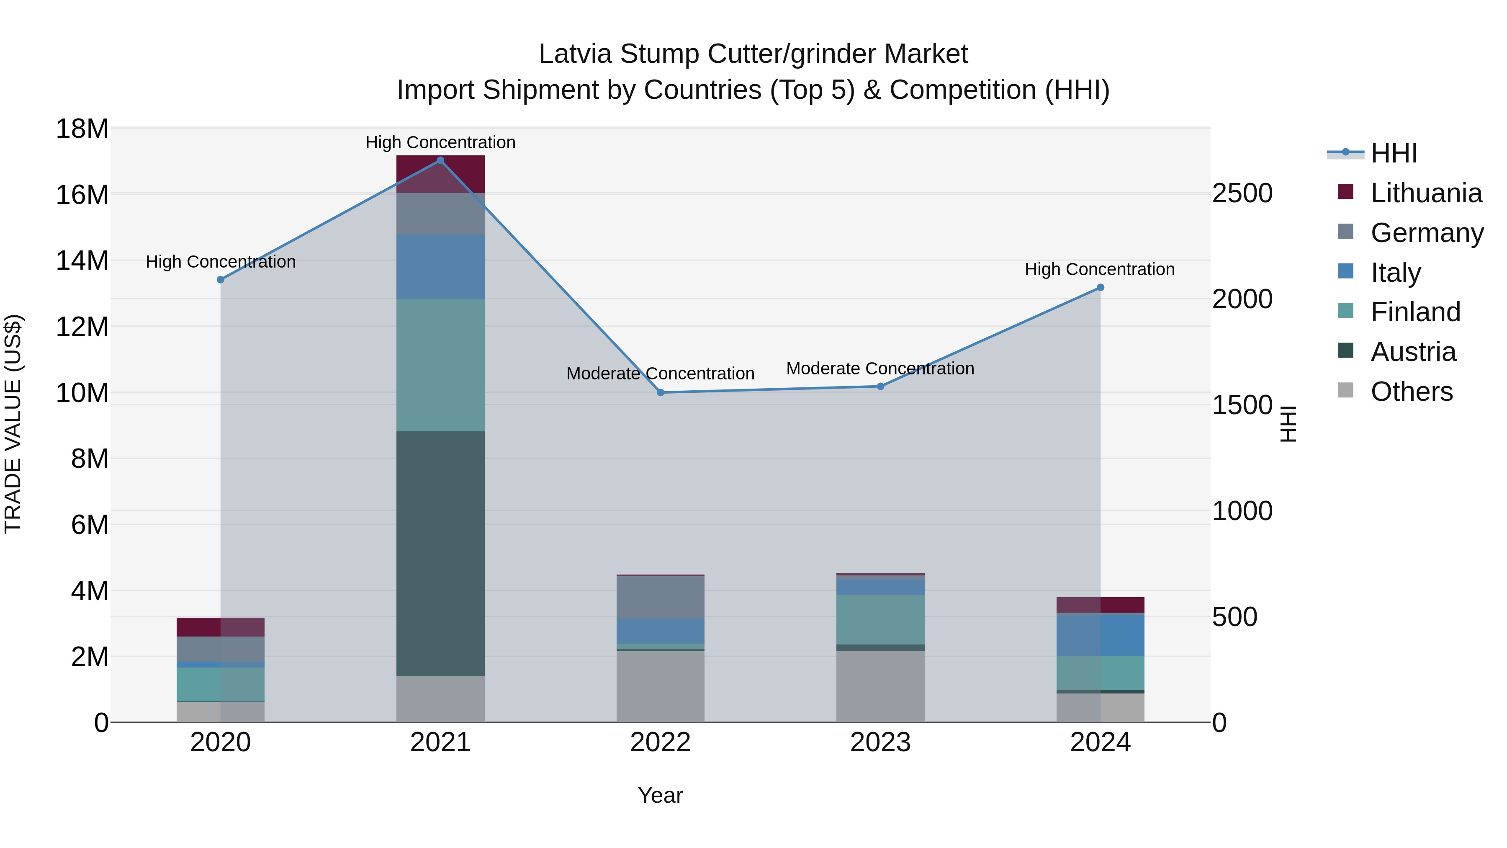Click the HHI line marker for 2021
tap(440, 160)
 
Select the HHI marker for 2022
tap(661, 393)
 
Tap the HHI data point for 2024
tap(1101, 287)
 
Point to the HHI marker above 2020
tap(221, 280)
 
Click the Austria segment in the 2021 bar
tap(440, 553)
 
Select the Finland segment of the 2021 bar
tap(440, 365)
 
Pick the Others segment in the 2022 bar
tap(661, 686)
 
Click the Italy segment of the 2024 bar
tap(1101, 635)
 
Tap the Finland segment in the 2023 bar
tap(880, 619)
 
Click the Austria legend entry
tap(1413, 352)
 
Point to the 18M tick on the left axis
tap(82, 129)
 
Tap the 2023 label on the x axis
tap(880, 742)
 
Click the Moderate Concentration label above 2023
tap(880, 369)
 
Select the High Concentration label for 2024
tap(1100, 269)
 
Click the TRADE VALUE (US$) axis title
tap(13, 424)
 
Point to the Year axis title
tap(661, 795)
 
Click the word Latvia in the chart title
tap(575, 54)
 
